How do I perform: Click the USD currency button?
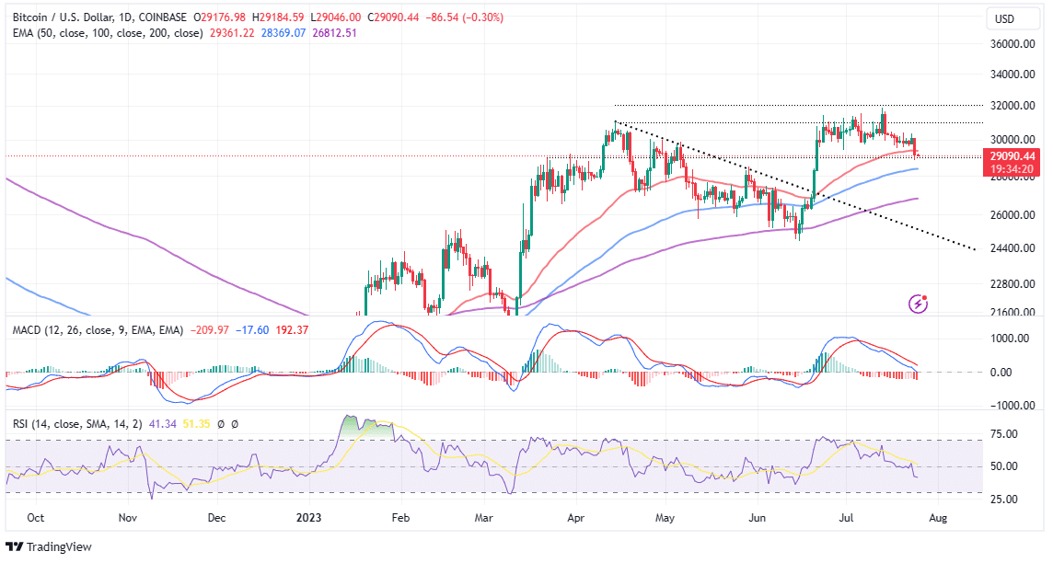(x=1007, y=18)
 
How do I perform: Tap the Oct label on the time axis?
(x=35, y=518)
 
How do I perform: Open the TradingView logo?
(x=50, y=546)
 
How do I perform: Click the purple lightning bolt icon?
(x=918, y=303)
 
